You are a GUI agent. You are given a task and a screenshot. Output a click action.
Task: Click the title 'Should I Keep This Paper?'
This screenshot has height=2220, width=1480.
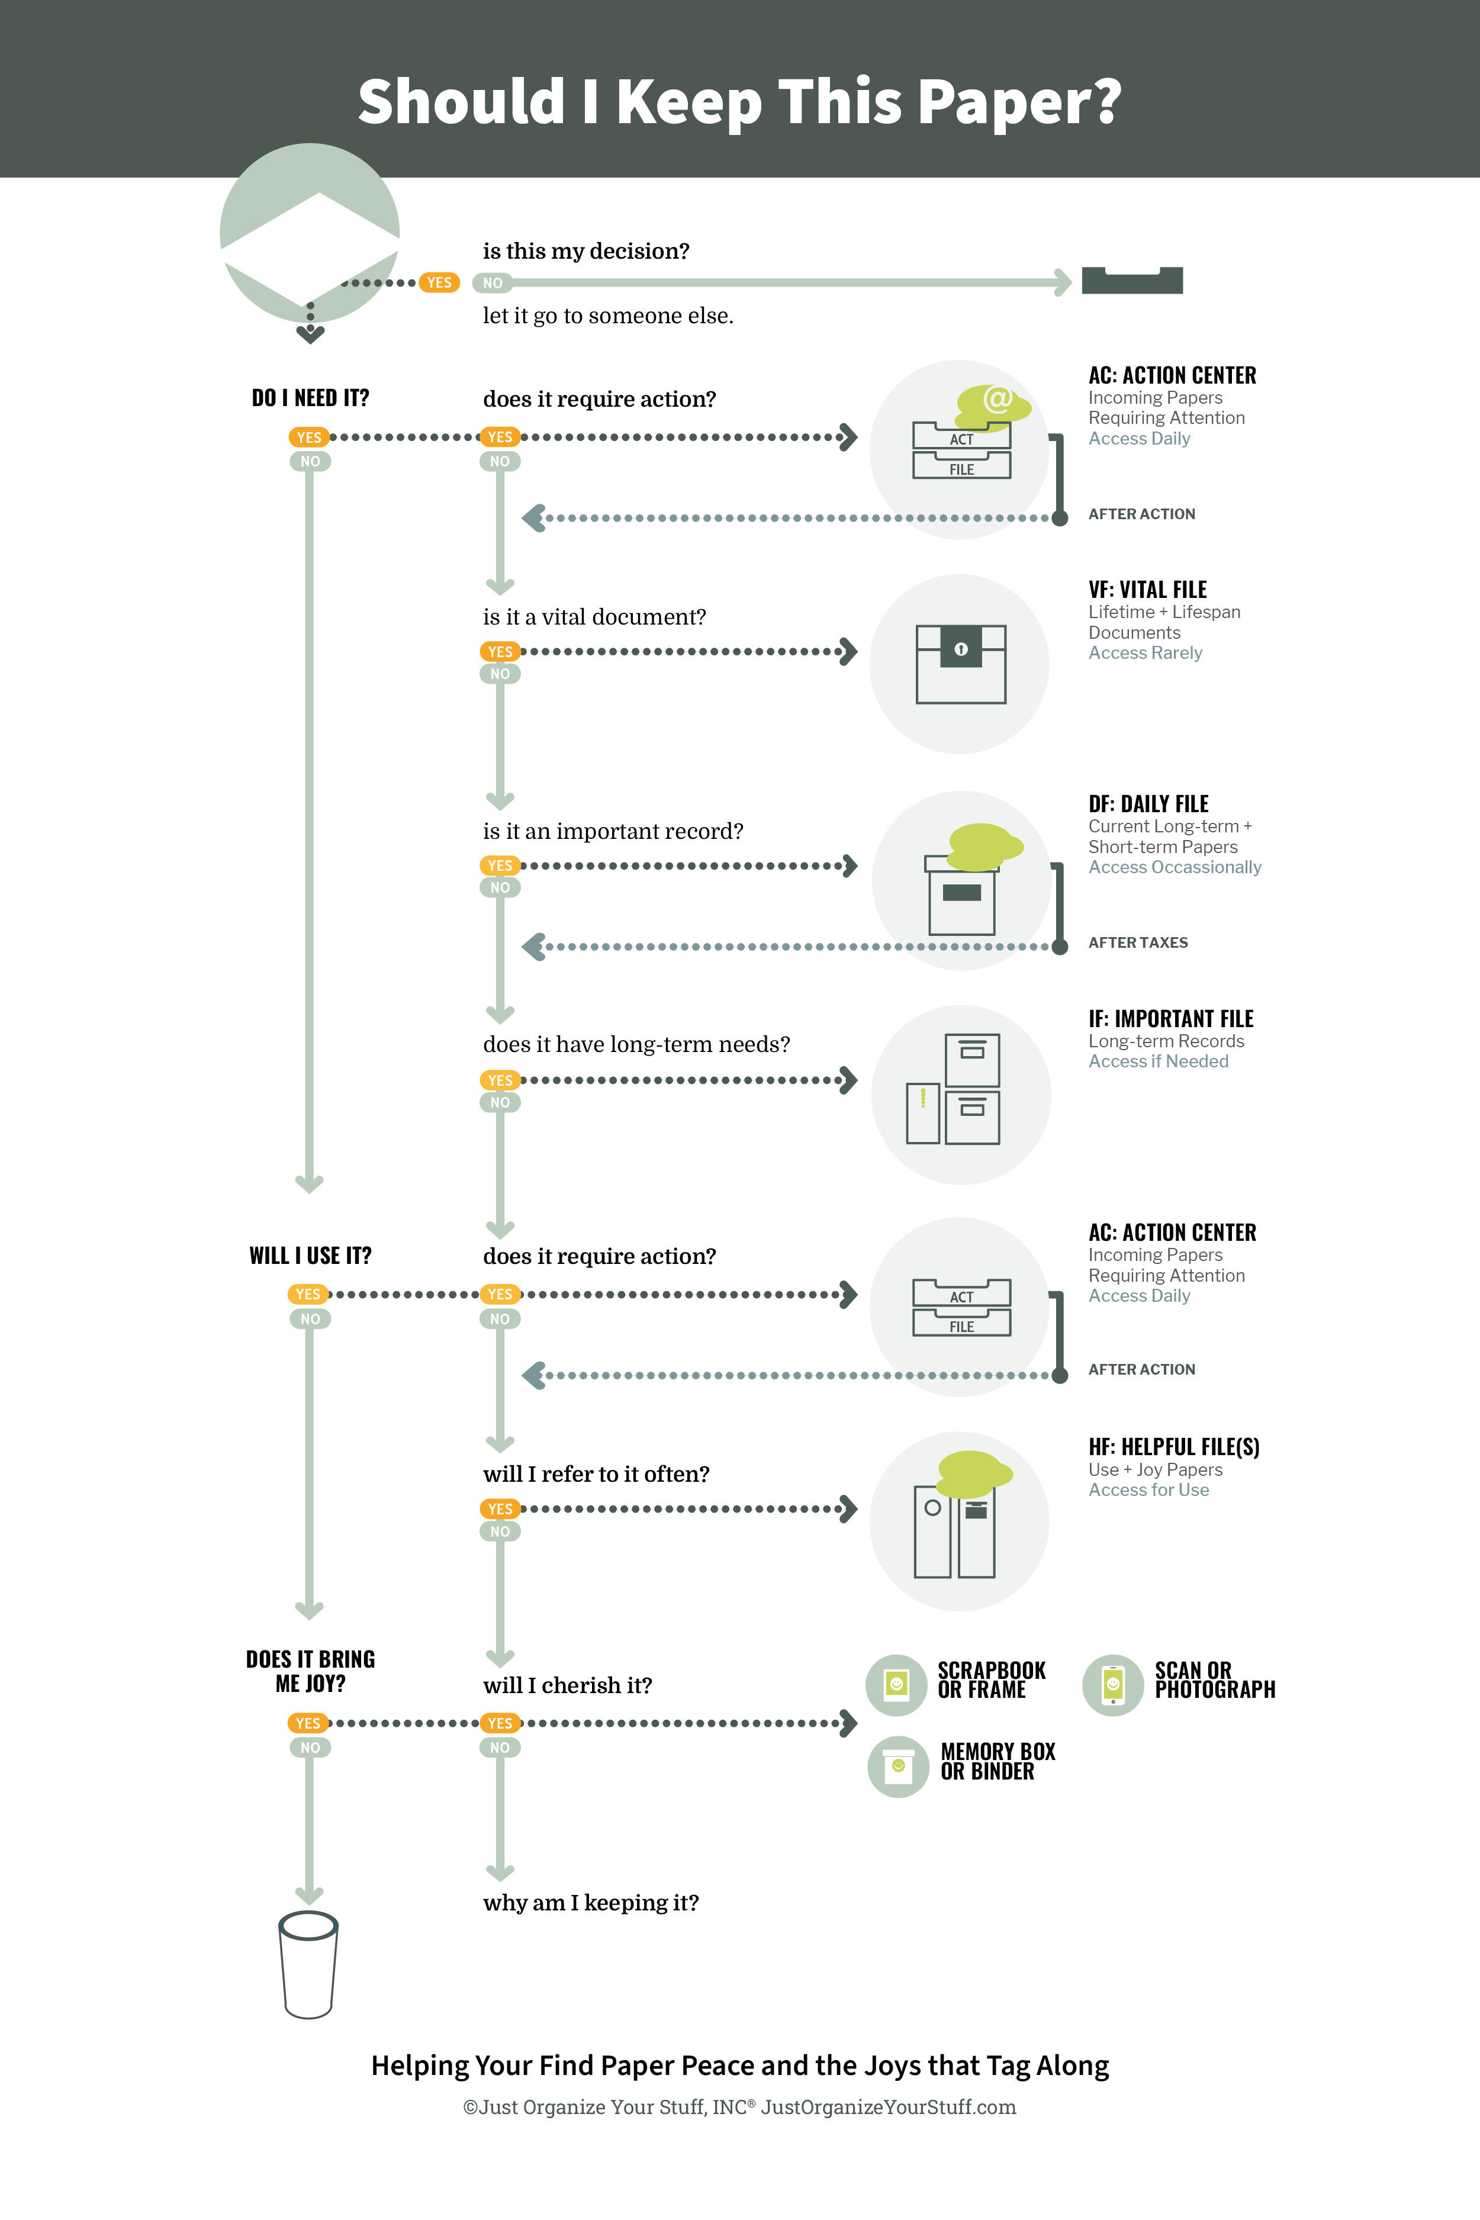739,102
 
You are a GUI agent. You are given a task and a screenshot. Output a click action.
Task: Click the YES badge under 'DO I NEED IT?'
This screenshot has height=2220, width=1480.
308,437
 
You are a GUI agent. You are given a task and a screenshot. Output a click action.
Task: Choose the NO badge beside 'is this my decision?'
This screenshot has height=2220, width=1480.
493,283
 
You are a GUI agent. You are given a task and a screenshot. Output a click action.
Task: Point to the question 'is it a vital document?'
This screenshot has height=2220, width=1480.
594,617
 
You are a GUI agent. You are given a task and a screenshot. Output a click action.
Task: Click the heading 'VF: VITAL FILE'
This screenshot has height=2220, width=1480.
1147,590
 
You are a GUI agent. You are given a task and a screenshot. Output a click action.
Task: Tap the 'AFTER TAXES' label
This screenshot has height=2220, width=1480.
1137,942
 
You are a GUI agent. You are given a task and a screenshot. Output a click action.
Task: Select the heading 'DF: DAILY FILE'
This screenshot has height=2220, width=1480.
1148,804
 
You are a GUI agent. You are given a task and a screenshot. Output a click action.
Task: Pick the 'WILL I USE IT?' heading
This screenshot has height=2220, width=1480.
310,1256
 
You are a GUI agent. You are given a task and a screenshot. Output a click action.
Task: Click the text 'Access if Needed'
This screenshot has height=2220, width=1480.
1158,1061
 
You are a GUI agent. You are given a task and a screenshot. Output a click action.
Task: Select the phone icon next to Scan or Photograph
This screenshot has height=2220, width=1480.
1113,1685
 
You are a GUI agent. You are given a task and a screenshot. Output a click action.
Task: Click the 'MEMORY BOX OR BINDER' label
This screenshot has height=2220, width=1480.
997,1761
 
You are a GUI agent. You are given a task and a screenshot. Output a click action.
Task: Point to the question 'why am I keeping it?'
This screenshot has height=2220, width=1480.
591,1903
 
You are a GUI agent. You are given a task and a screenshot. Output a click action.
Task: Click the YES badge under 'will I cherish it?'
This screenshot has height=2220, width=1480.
499,1723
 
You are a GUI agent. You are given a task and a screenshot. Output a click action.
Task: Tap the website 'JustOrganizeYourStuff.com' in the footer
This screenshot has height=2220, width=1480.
888,2107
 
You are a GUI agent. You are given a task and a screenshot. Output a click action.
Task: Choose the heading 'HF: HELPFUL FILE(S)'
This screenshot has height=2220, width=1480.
1173,1447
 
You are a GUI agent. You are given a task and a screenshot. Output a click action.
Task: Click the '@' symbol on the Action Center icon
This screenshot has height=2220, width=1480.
997,400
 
